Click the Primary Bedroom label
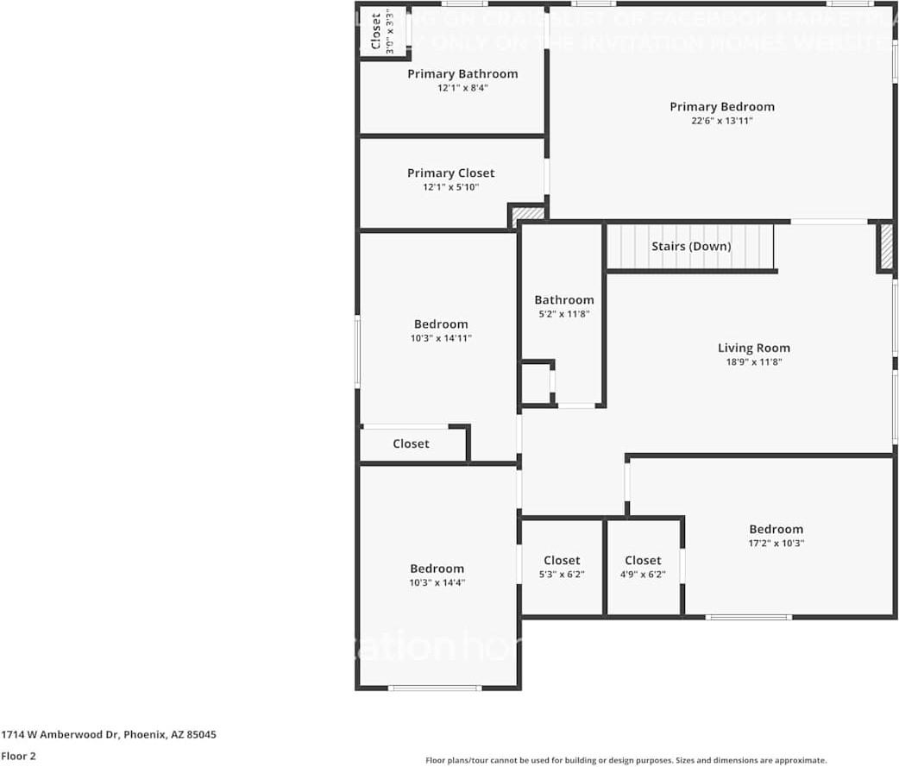pyautogui.click(x=722, y=107)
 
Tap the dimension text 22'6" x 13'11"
pyautogui.click(x=722, y=122)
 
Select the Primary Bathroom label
pyautogui.click(x=462, y=74)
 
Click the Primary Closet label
pyautogui.click(x=450, y=173)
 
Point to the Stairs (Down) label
pyautogui.click(x=690, y=247)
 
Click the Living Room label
pyautogui.click(x=753, y=349)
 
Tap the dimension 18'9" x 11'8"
pyautogui.click(x=753, y=363)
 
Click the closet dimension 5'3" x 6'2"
pyautogui.click(x=562, y=575)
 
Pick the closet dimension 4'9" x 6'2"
pyautogui.click(x=643, y=575)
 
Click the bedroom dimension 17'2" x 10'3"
pyautogui.click(x=776, y=544)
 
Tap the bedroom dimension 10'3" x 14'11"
pyautogui.click(x=441, y=339)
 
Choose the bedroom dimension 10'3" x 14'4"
pyautogui.click(x=437, y=583)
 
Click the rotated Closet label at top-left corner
pyautogui.click(x=377, y=33)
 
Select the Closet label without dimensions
pyautogui.click(x=411, y=443)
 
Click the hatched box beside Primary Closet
pyautogui.click(x=528, y=213)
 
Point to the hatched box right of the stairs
pyautogui.click(x=885, y=247)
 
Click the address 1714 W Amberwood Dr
pyautogui.click(x=109, y=735)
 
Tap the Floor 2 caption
pyautogui.click(x=18, y=757)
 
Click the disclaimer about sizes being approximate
pyautogui.click(x=626, y=760)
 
